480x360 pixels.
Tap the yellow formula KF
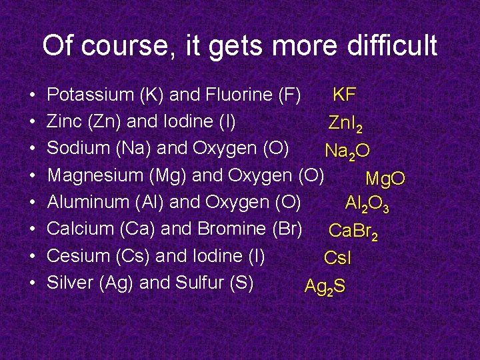[x=344, y=95]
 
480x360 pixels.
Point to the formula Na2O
[x=347, y=151]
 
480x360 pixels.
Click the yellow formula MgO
[x=385, y=179]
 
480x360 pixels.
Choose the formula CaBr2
[x=354, y=231]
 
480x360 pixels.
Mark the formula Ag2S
[x=324, y=287]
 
